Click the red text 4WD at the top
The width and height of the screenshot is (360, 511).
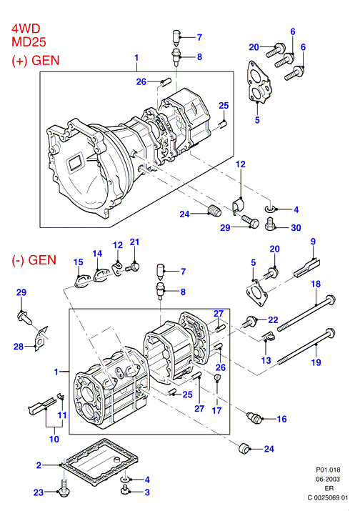[26, 29]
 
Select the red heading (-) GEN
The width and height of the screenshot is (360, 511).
[34, 260]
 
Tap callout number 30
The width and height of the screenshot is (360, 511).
[296, 228]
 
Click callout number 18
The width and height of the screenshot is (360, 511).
[316, 284]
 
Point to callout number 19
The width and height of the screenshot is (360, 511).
[316, 362]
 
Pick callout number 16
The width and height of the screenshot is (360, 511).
[282, 419]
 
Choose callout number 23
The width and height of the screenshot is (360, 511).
[39, 492]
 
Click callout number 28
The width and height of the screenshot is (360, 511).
[19, 347]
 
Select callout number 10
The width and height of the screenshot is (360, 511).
[54, 439]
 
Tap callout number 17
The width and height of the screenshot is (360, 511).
[216, 410]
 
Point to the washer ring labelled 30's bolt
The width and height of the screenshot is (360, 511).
[270, 224]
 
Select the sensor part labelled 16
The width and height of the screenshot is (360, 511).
[254, 417]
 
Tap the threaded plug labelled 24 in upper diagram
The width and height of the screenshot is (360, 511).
[214, 211]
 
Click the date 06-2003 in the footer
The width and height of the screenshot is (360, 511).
[328, 479]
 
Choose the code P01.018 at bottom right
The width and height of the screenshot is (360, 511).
[328, 470]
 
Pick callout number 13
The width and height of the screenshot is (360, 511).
[266, 360]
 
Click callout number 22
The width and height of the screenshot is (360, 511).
[273, 319]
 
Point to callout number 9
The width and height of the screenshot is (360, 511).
[313, 242]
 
